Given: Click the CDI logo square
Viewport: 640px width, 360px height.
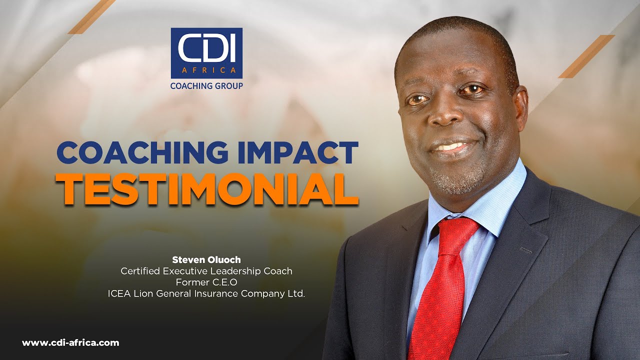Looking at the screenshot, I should pos(206,53).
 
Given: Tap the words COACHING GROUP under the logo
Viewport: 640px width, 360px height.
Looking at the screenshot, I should pos(206,86).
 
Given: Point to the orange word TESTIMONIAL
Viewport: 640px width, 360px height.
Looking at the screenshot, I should pos(209,188).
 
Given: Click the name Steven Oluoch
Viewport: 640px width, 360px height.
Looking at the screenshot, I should pos(206,260).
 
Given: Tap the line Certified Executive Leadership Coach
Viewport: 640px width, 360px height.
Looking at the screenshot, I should pos(206,271).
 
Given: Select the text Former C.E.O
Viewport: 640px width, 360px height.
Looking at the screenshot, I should pos(206,282).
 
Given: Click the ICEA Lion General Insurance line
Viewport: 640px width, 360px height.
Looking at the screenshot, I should pos(206,294).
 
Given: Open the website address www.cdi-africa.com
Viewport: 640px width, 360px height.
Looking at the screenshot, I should pos(70,343).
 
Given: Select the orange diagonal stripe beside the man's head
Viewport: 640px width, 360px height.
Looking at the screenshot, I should pos(586,56).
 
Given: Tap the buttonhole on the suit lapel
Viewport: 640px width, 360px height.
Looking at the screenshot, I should pos(525,250).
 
